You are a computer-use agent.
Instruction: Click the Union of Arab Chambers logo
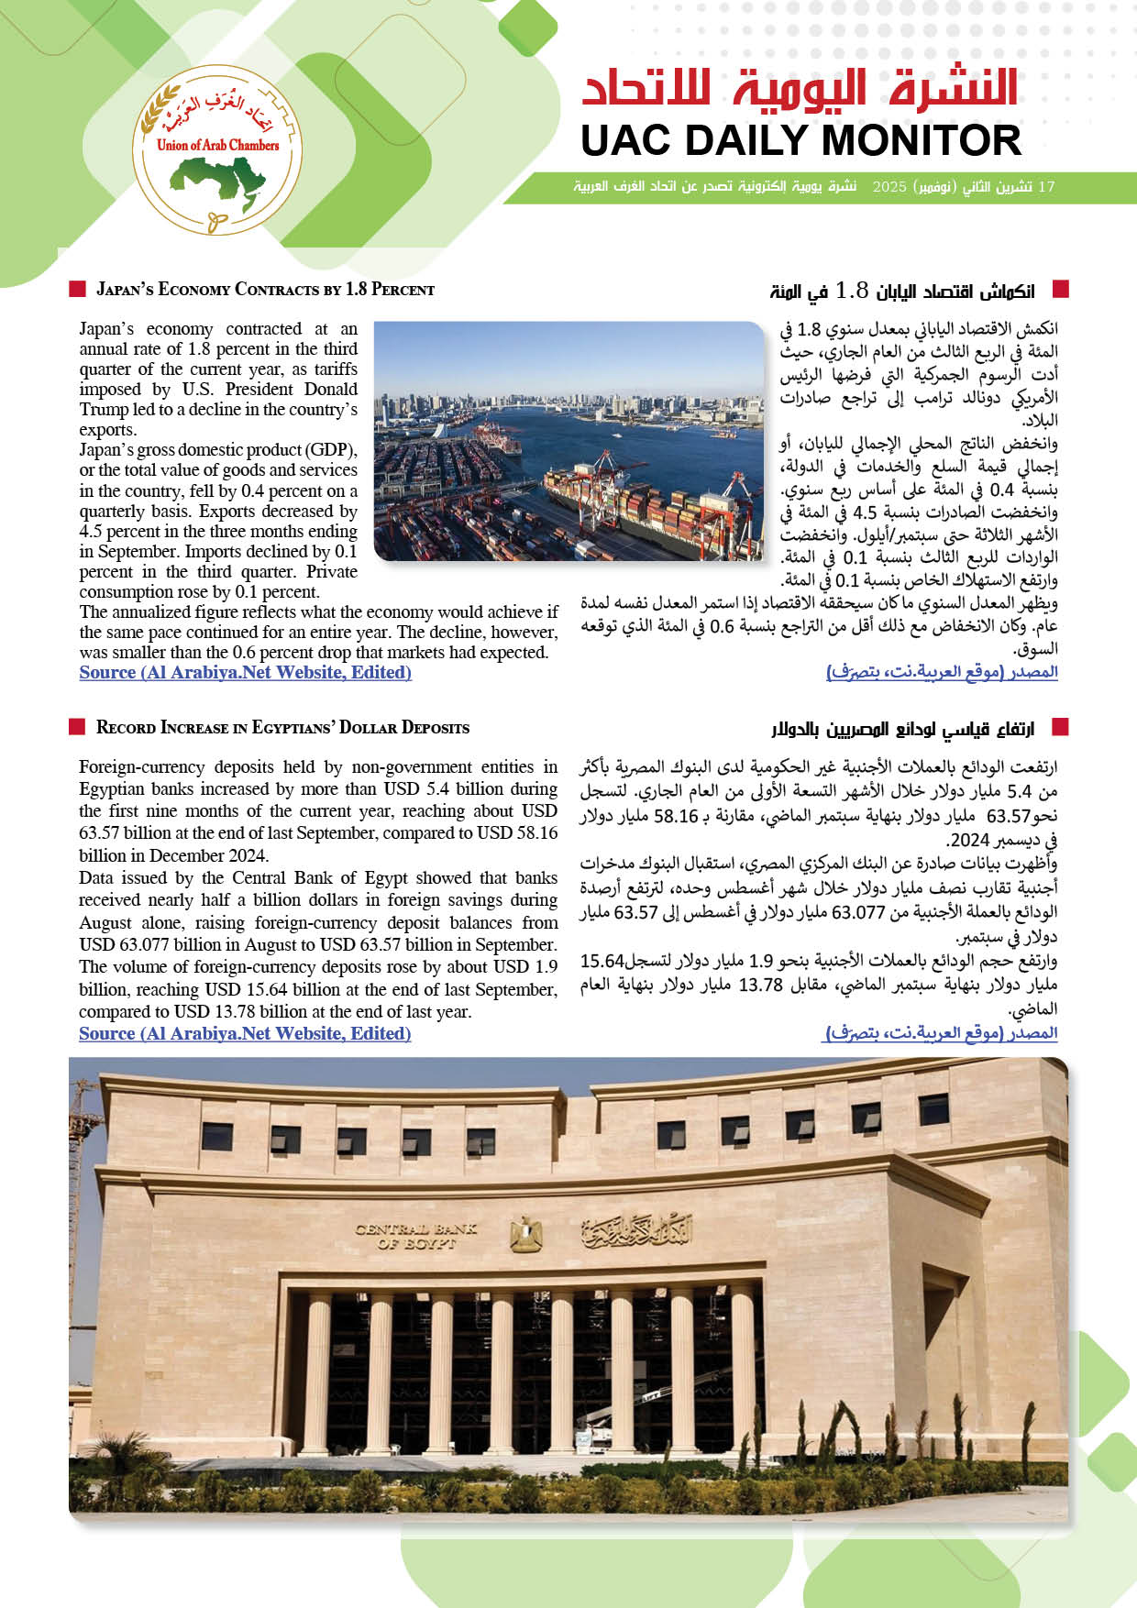click(x=217, y=150)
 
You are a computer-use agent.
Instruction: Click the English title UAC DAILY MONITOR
click(x=800, y=141)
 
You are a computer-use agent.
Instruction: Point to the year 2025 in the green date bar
click(x=889, y=187)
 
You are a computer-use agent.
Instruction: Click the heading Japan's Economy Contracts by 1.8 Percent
click(x=265, y=290)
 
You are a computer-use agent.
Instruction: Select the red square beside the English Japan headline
click(x=77, y=290)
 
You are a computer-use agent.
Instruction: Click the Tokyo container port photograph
click(x=568, y=440)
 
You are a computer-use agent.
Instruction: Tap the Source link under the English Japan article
click(x=245, y=672)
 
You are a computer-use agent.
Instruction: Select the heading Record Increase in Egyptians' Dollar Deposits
click(x=282, y=728)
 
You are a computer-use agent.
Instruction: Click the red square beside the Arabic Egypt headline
click(x=1061, y=728)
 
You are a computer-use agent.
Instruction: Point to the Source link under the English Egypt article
click(x=245, y=1033)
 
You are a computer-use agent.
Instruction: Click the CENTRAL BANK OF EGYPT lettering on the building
click(x=415, y=1236)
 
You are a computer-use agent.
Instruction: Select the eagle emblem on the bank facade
click(x=525, y=1234)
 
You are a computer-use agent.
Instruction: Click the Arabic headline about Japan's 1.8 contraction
click(x=902, y=292)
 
